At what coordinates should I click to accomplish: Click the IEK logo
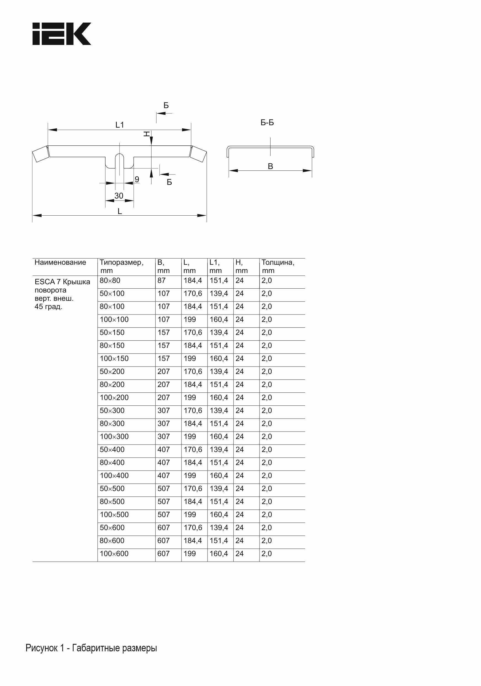coord(62,34)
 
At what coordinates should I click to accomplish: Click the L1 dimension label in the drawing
coord(120,125)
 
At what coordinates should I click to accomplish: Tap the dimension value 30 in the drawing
coord(119,196)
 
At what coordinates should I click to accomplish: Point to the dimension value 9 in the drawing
coord(137,179)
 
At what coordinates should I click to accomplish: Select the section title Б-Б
coord(267,123)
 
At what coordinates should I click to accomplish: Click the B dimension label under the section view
coord(270,166)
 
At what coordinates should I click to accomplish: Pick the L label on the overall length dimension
coord(120,212)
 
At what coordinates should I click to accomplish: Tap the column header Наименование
coord(60,262)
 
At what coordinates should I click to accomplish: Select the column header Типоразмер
coord(121,262)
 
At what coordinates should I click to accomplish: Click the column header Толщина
coord(278,262)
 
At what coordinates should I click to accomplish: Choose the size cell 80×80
coord(110,281)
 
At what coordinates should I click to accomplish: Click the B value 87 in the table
coord(161,281)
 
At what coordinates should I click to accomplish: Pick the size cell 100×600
coord(114,554)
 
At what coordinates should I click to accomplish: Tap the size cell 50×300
coord(112,411)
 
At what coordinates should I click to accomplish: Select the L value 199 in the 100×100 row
coord(190,319)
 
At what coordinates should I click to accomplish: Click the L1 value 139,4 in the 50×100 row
coord(219,293)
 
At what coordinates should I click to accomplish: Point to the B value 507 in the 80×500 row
coord(164,502)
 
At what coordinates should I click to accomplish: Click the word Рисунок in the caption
coord(42,648)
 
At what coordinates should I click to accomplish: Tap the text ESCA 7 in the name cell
coord(48,282)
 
